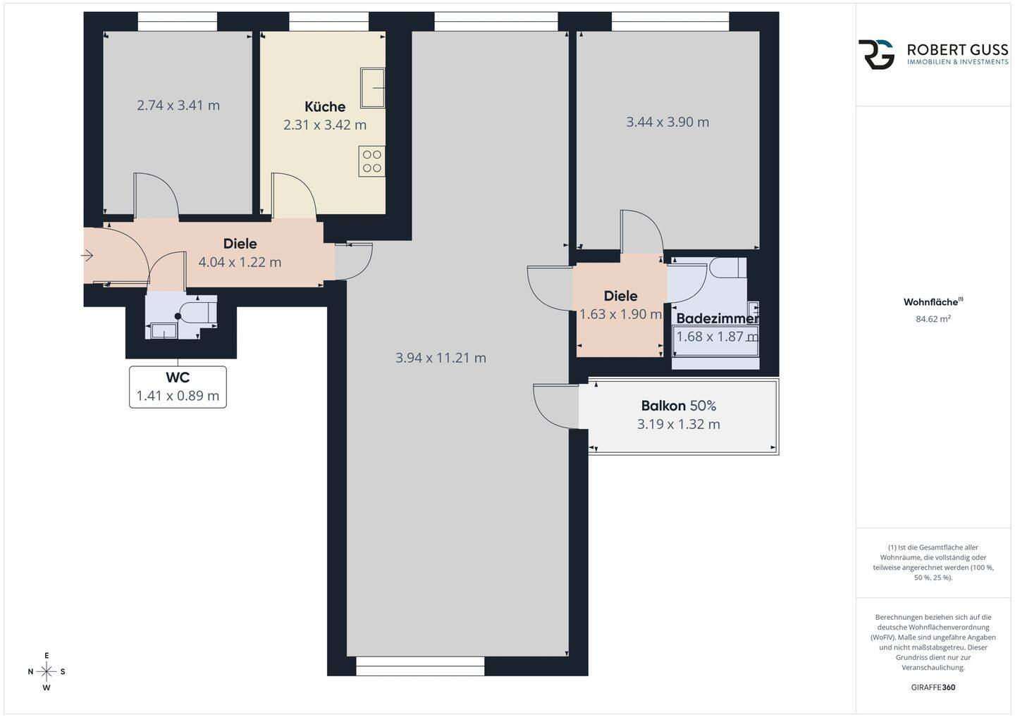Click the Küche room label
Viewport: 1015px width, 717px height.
coord(325,107)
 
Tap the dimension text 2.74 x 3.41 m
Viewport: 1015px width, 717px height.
coord(178,106)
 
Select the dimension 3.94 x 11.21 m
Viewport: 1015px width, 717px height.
coord(441,358)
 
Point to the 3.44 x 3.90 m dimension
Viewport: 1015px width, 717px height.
coord(668,123)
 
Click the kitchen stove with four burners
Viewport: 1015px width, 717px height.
coord(372,161)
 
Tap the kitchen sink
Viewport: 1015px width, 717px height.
coord(372,88)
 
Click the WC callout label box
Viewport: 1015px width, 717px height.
coord(178,387)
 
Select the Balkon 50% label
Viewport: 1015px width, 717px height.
coord(678,406)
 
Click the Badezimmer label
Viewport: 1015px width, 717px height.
coord(718,318)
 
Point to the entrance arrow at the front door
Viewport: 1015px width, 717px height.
coord(87,256)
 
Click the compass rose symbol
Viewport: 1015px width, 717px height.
coord(47,672)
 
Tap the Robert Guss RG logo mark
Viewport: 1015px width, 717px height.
coord(876,54)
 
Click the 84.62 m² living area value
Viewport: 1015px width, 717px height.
coord(933,319)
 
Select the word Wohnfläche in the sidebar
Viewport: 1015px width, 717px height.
coord(930,302)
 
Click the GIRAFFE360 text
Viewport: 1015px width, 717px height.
coord(933,687)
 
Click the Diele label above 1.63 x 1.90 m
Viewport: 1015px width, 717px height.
coord(620,297)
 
